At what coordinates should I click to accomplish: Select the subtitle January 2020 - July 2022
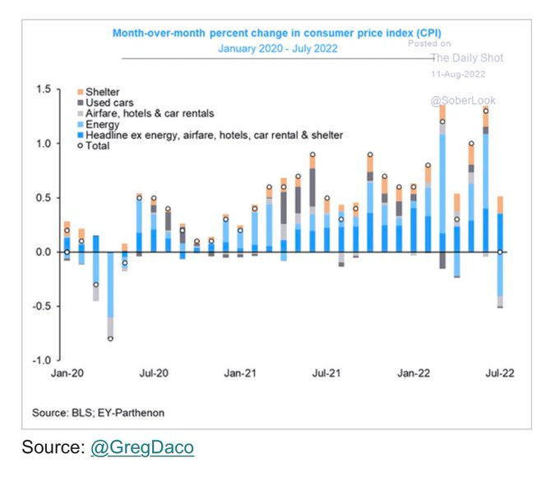click(x=278, y=48)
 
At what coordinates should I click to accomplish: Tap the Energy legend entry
click(x=102, y=124)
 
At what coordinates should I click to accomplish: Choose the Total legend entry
click(x=99, y=146)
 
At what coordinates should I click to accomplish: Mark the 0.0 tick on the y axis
click(x=41, y=252)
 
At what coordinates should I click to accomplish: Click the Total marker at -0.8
click(x=110, y=338)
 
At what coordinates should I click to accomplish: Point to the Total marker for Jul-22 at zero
click(x=500, y=252)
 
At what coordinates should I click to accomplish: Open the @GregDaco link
click(x=143, y=447)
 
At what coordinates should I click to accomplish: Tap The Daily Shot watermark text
click(x=468, y=58)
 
